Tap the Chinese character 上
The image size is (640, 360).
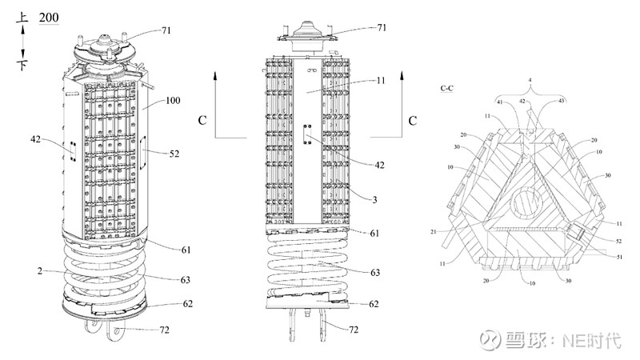click(22, 15)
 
